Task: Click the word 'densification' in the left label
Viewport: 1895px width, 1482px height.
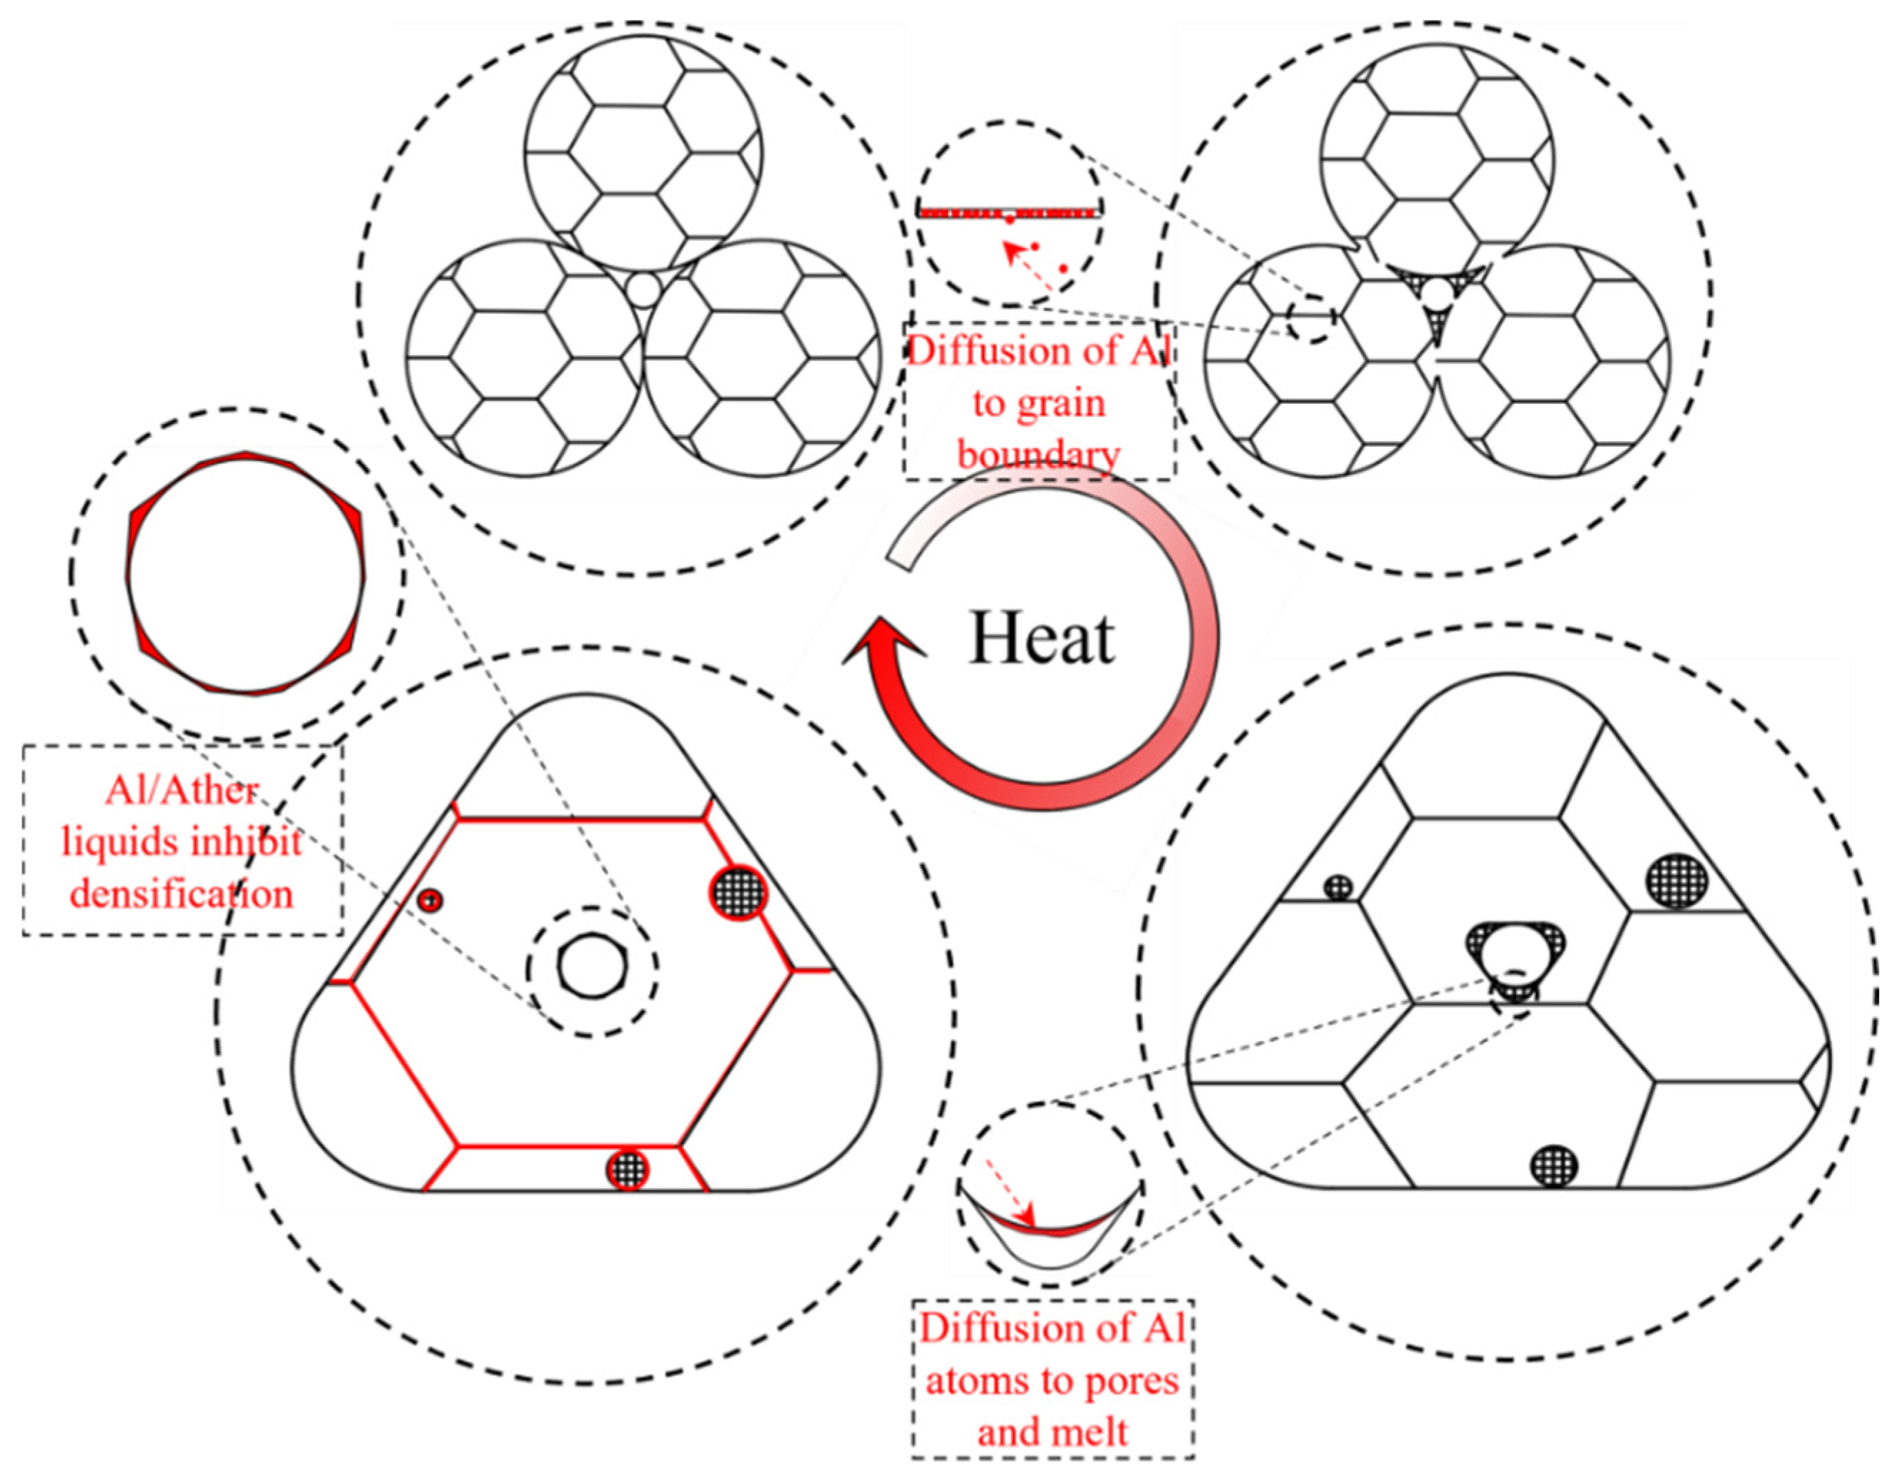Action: click(x=182, y=894)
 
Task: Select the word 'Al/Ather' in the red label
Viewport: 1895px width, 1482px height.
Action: click(x=182, y=791)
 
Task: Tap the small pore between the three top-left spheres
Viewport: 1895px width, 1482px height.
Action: click(x=643, y=290)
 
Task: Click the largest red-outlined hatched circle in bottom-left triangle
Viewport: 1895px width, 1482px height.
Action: click(x=738, y=889)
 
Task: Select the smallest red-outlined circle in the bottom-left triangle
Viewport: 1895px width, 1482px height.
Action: click(x=429, y=900)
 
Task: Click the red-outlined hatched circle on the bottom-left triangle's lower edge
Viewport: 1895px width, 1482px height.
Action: click(x=628, y=1169)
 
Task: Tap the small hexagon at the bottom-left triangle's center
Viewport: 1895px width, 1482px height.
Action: click(x=593, y=965)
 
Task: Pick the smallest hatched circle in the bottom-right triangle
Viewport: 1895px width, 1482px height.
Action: click(x=1339, y=886)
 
